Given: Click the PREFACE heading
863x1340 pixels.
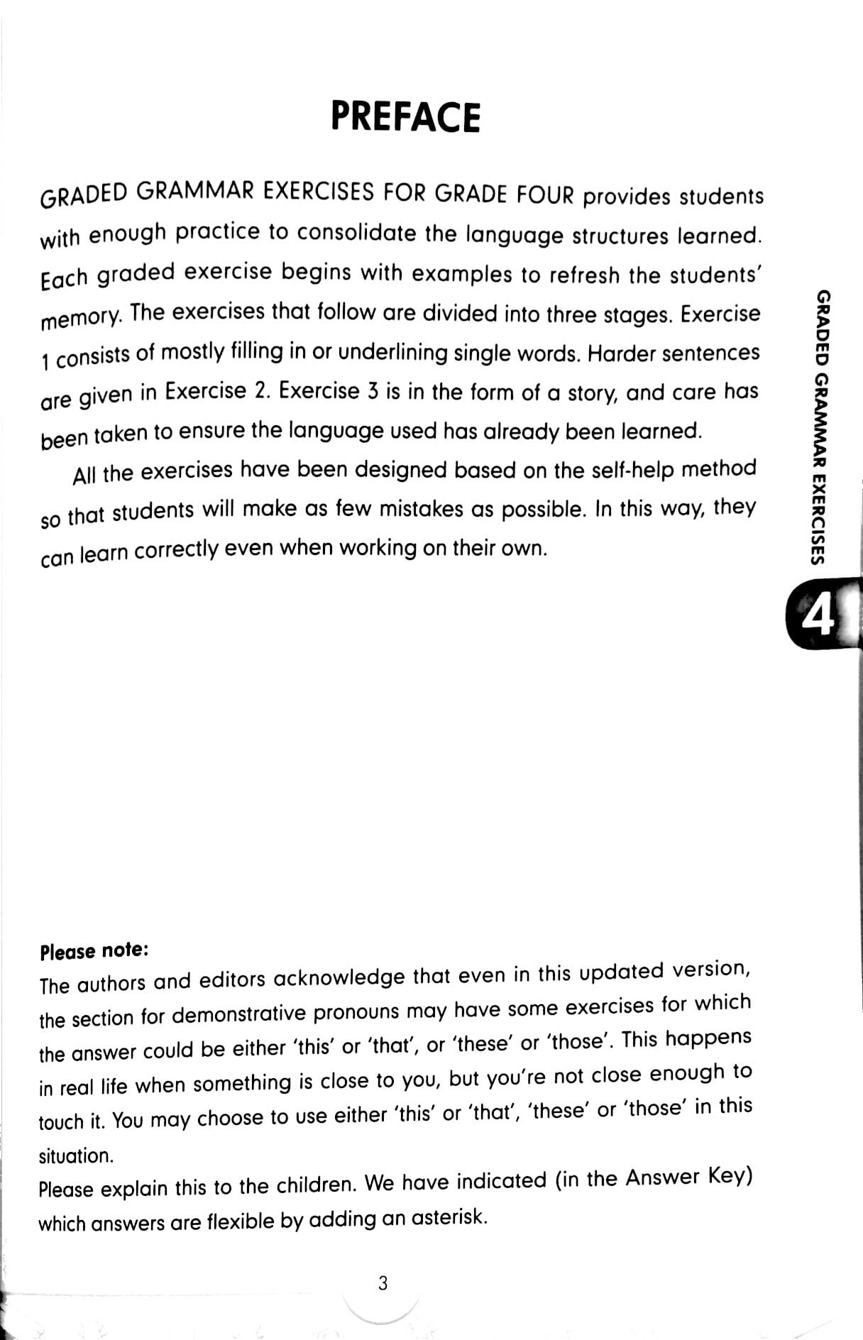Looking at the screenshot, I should point(405,118).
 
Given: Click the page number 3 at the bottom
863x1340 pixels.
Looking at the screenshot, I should point(383,1283).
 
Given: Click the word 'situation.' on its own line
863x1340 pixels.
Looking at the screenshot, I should point(76,1155).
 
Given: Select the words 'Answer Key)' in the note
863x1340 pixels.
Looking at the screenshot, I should point(688,1177).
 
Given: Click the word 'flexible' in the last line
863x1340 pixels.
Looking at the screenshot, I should point(240,1221).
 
